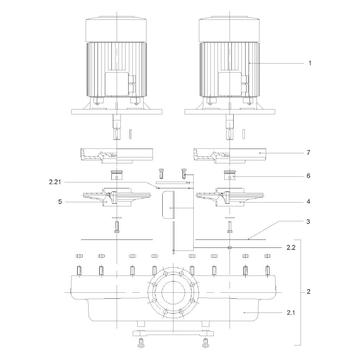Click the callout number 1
(x=310, y=63)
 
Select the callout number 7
(x=308, y=153)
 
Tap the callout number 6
(x=308, y=176)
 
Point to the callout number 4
(x=308, y=201)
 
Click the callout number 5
(x=60, y=202)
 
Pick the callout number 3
(x=308, y=222)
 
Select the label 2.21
(x=55, y=182)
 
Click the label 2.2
(x=291, y=247)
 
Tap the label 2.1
(x=291, y=313)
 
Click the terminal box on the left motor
(x=117, y=84)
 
